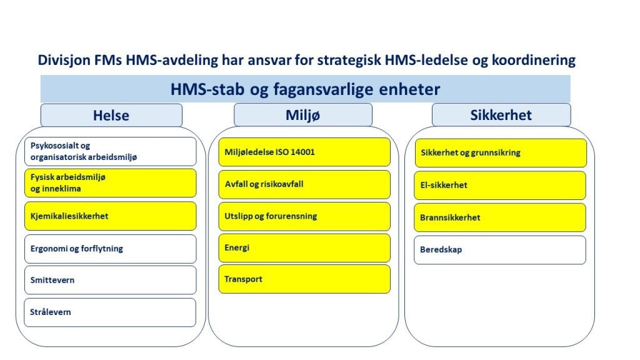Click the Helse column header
(x=111, y=115)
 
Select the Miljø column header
(x=303, y=115)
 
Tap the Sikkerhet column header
(x=501, y=115)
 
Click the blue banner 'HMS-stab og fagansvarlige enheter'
(x=305, y=89)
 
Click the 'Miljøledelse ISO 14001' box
(x=304, y=152)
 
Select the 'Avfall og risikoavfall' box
(x=304, y=184)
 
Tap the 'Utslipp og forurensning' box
(x=304, y=216)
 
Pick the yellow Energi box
(x=304, y=248)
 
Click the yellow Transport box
(x=304, y=279)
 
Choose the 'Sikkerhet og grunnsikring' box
(x=500, y=152)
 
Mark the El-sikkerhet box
(x=500, y=185)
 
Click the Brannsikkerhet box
(x=500, y=217)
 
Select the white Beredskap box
(x=500, y=250)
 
